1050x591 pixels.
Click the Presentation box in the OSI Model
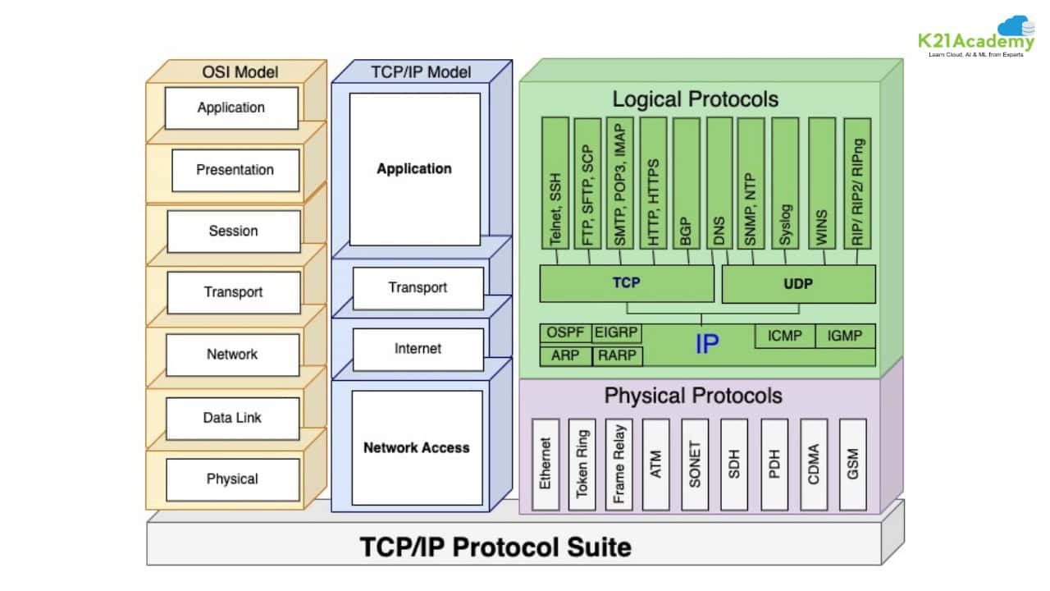tap(235, 170)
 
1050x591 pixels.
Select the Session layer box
tap(234, 231)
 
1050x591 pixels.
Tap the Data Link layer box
tap(232, 418)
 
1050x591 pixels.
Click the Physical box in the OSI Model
tap(232, 479)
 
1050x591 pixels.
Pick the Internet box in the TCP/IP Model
tap(418, 349)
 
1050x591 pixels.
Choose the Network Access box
tap(417, 447)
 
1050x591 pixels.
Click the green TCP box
tap(626, 283)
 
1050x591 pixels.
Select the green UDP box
tap(798, 283)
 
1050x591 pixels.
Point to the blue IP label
tap(706, 344)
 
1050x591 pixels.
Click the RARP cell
tap(617, 356)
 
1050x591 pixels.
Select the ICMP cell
tap(784, 336)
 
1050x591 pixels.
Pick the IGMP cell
tap(845, 336)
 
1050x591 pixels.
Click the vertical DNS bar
tap(719, 182)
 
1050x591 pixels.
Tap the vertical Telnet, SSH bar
tap(555, 182)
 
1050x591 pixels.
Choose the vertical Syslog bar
tap(785, 182)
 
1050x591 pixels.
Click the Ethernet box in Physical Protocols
tap(546, 464)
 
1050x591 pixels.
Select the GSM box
tap(853, 464)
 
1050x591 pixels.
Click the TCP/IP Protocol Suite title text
tap(496, 547)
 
